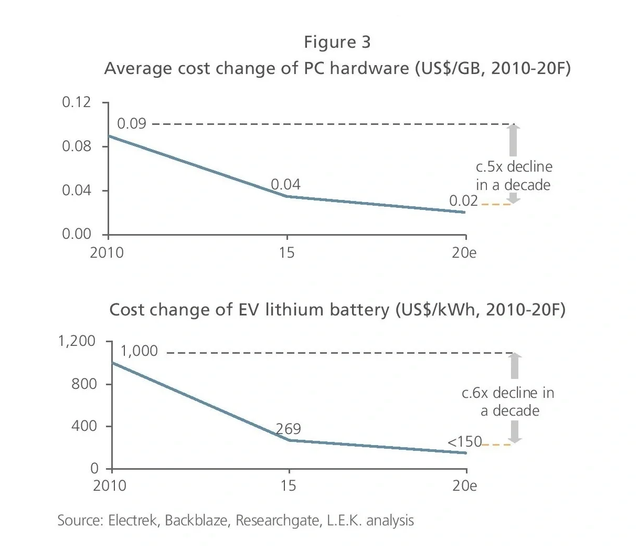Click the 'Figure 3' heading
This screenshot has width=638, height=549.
coord(337,42)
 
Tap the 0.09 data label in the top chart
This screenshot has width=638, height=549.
coord(131,124)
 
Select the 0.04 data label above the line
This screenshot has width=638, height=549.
coord(285,184)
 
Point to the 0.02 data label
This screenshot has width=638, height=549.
coord(463,200)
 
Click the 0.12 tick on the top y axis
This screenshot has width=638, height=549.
coord(77,102)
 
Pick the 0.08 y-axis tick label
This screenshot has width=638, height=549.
coord(77,146)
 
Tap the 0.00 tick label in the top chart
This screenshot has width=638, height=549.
coord(77,234)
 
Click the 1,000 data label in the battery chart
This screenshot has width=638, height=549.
coord(139,351)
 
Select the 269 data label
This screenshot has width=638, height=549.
coord(288,429)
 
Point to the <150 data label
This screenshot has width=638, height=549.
coord(464,442)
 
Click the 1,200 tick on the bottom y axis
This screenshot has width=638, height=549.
coord(77,341)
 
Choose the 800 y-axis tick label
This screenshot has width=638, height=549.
coord(84,384)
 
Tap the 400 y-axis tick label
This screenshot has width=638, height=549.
coord(84,426)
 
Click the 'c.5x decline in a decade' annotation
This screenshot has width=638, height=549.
coord(514,176)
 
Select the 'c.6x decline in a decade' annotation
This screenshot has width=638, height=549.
coord(508,402)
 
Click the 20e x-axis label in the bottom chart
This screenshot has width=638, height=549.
coord(464,485)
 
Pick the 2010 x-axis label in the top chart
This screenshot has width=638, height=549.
coord(107,252)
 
